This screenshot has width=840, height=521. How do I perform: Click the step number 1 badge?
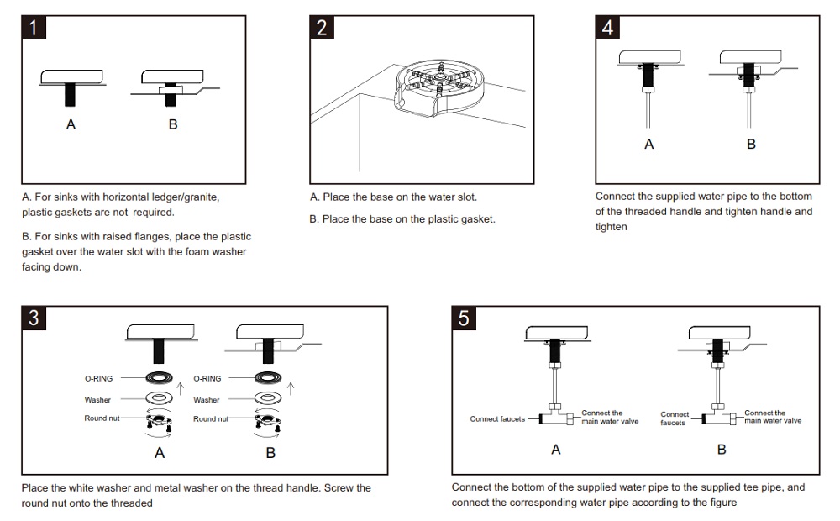tap(34, 28)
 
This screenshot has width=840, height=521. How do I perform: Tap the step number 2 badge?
tap(322, 28)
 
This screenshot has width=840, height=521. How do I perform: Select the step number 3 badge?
tap(34, 318)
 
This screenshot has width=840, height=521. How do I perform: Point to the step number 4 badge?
tap(607, 28)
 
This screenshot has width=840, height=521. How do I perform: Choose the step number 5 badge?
tap(465, 318)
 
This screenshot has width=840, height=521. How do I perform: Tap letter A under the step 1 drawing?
tap(71, 124)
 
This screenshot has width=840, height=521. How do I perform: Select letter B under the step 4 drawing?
tap(751, 144)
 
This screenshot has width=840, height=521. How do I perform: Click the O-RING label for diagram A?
tap(98, 379)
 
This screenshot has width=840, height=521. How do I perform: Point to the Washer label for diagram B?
tap(207, 400)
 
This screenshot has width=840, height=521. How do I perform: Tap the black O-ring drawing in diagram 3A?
tap(160, 378)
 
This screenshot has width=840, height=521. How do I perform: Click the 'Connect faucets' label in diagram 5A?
tap(497, 418)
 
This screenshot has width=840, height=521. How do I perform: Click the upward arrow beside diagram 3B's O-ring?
tap(291, 387)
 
